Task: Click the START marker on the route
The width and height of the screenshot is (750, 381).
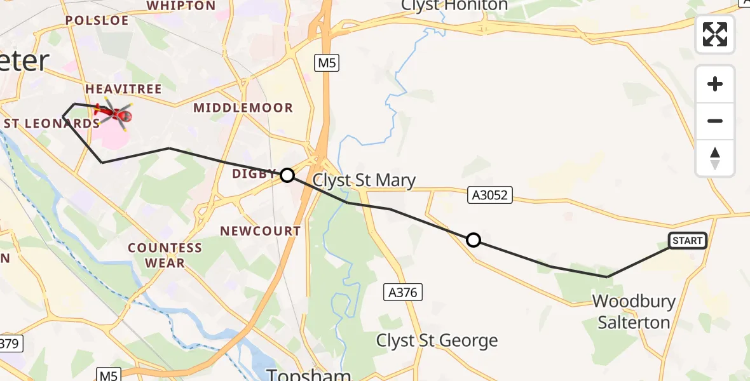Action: click(688, 241)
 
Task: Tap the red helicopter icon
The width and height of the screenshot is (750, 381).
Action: click(114, 114)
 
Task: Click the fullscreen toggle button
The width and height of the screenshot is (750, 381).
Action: click(715, 34)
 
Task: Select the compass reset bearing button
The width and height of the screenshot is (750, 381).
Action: click(715, 158)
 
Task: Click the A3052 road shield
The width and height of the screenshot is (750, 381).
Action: click(489, 195)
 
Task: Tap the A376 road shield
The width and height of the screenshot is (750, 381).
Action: click(403, 292)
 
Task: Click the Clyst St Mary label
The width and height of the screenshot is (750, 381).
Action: click(364, 180)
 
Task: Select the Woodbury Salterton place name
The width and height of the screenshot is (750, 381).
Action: click(634, 311)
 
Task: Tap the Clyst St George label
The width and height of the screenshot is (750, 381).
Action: click(437, 341)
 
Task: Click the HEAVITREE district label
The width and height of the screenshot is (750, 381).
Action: click(123, 89)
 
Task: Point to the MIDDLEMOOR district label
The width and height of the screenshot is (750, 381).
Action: click(243, 108)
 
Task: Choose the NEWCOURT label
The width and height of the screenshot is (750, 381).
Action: click(260, 231)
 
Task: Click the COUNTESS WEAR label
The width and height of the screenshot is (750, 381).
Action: click(165, 255)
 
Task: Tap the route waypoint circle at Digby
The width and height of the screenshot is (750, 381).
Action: click(287, 175)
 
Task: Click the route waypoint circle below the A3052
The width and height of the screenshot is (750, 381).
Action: click(473, 240)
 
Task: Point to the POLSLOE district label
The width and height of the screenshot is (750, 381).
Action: click(97, 20)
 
